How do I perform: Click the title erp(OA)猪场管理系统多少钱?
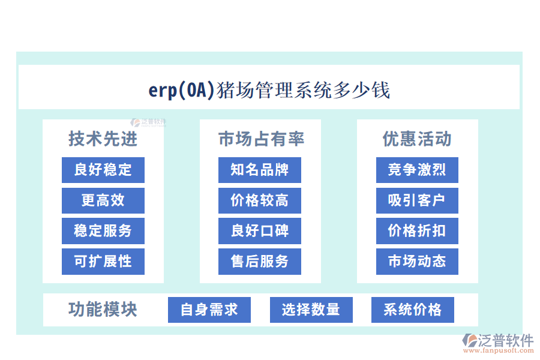pos(269,90)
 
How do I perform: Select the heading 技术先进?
pos(103,139)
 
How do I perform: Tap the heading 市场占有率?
pos(261,139)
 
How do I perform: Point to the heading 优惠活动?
pos(417,139)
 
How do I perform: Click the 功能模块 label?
pos(103,310)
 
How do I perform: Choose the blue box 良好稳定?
pos(103,170)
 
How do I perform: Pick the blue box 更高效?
pos(103,200)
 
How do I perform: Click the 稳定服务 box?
pos(103,231)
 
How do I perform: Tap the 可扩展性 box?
pos(103,262)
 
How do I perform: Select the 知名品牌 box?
pos(260,170)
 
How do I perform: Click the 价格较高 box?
pos(260,200)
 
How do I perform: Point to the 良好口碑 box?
pos(260,231)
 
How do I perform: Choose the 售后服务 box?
pos(260,262)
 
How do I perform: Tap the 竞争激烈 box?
pos(417,170)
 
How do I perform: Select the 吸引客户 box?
pos(417,200)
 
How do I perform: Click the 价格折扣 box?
pos(417,231)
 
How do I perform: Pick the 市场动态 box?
pos(417,262)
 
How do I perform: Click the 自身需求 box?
pos(209,310)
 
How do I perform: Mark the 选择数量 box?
pos(311,310)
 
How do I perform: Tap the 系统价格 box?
pos(413,310)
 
